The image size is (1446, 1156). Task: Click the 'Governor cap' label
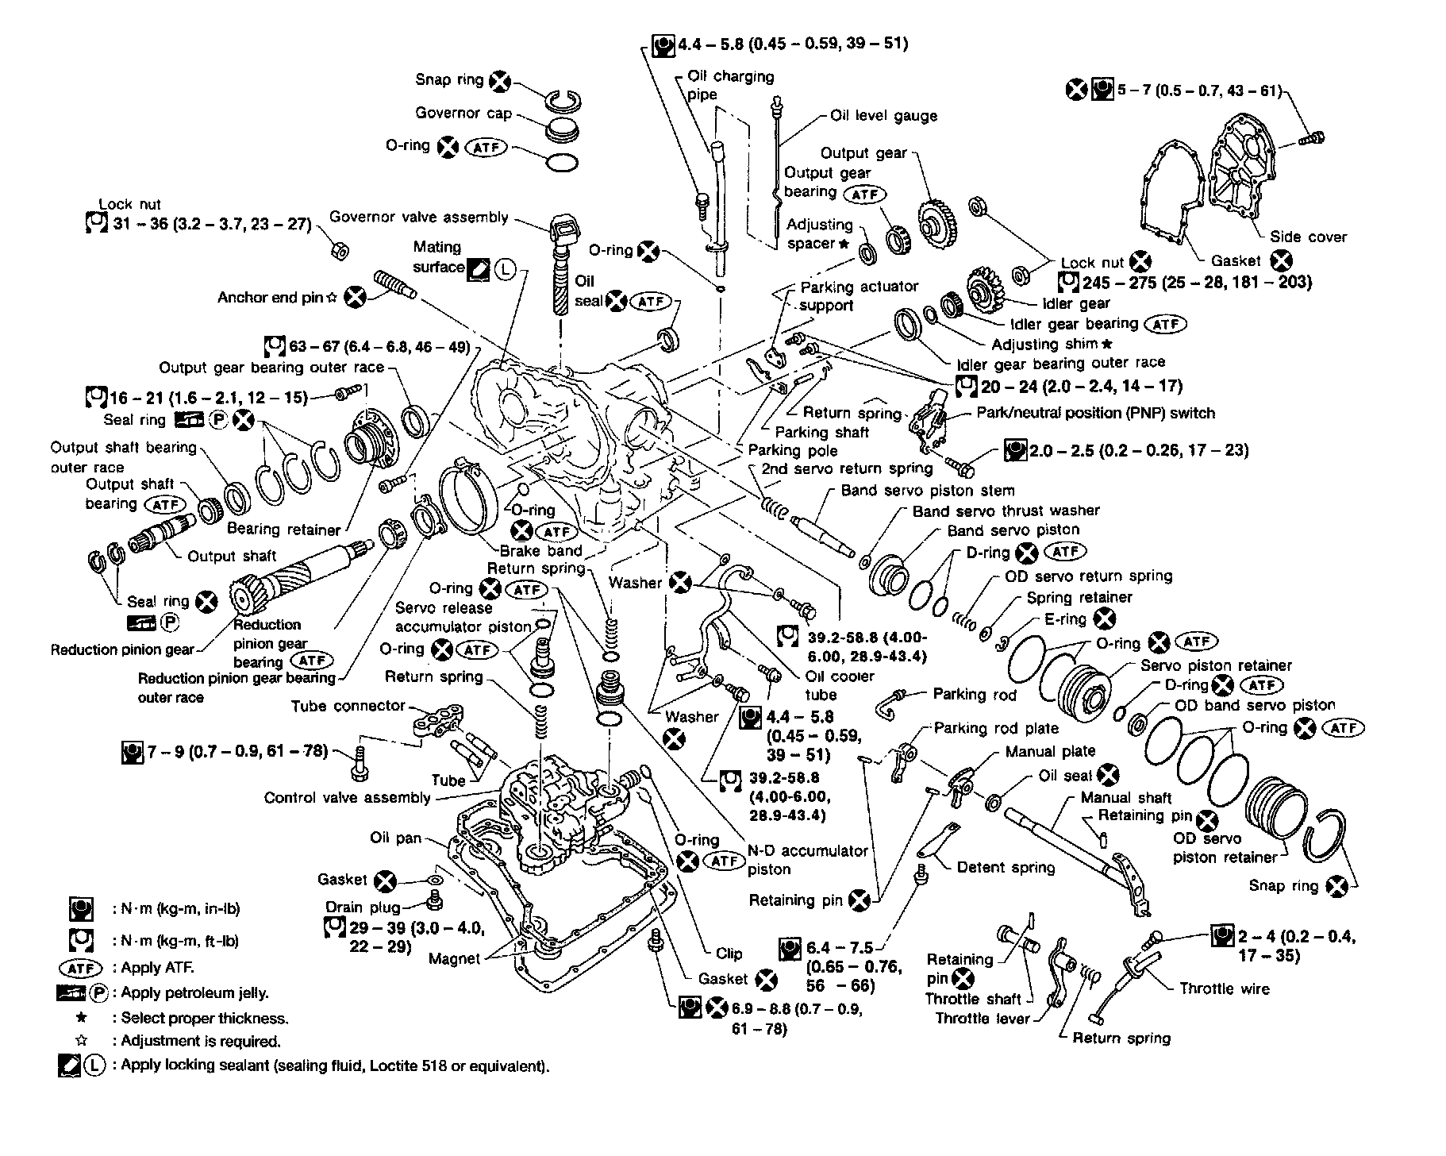[x=463, y=114]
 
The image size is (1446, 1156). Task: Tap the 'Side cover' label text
[x=1308, y=237]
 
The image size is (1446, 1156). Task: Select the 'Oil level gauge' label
[x=883, y=116]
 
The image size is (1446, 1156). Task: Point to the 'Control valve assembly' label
[x=347, y=798]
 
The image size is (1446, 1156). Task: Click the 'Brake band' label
[x=540, y=551]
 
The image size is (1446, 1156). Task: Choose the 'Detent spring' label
[x=1006, y=868]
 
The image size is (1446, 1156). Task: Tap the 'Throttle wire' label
[x=1224, y=988]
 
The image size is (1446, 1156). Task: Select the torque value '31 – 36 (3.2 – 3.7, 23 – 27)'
[x=211, y=224]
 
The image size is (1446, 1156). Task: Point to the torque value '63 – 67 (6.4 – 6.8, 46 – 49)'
[x=379, y=347]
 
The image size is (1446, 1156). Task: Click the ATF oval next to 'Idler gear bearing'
[x=1165, y=324]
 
